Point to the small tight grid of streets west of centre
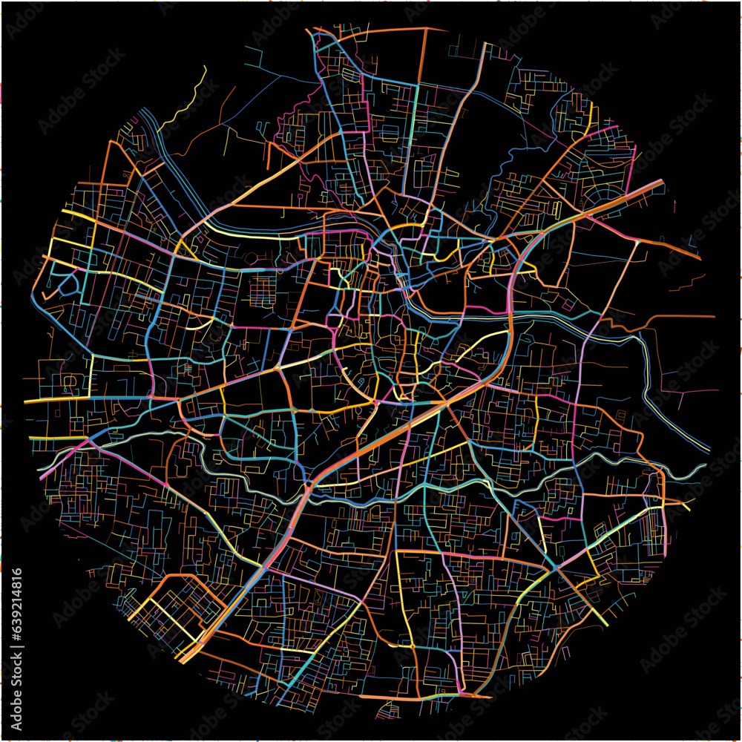tap(261, 289)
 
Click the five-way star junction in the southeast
tap(555, 568)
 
